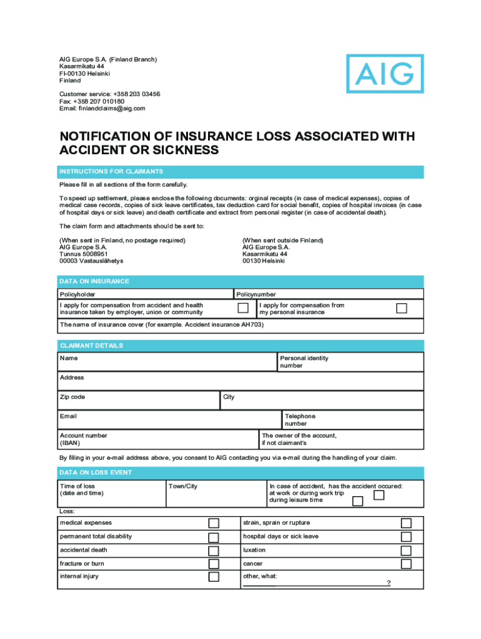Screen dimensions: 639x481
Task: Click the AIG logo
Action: tap(385, 74)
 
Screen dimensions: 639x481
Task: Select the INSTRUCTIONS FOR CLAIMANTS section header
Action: tap(111, 172)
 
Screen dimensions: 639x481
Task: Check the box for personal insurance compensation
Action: tap(402, 308)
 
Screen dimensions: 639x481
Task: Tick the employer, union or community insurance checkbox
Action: tap(243, 308)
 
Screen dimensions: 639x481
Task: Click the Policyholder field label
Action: tap(77, 294)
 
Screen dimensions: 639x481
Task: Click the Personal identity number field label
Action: tap(304, 362)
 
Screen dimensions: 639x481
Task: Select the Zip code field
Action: tap(137, 401)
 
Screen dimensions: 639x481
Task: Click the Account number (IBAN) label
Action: tap(83, 439)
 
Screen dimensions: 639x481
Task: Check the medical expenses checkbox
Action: tap(214, 524)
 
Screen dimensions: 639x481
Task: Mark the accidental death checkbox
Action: tap(214, 551)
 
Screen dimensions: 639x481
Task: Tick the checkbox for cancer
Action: tap(406, 564)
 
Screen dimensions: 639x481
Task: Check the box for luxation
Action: tap(406, 551)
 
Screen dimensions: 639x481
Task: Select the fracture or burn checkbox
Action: tap(214, 564)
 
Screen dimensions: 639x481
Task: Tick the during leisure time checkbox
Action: tap(357, 501)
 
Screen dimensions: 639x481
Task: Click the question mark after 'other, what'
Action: tap(389, 583)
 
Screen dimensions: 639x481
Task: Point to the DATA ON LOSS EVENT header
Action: tap(96, 472)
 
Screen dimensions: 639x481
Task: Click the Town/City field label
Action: tap(183, 486)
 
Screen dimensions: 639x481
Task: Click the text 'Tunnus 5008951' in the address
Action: tap(84, 254)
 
